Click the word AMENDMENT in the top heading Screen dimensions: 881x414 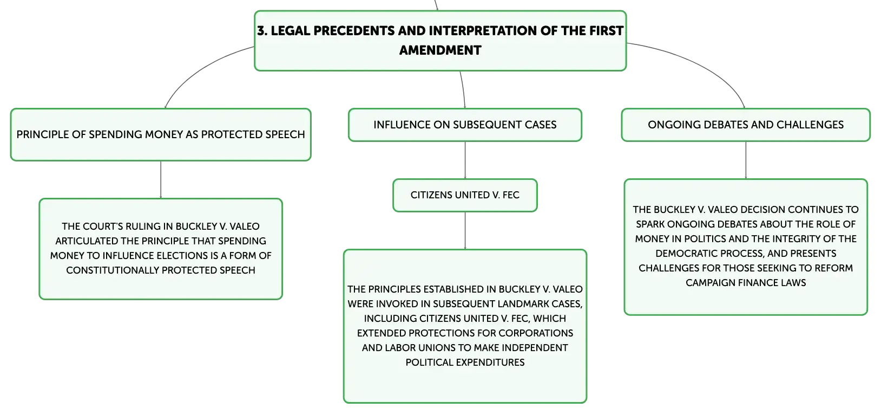440,50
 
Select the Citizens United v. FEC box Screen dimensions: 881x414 465,196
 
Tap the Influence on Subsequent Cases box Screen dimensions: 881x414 465,125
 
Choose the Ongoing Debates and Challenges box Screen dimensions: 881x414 746,125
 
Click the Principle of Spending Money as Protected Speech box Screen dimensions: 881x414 161,135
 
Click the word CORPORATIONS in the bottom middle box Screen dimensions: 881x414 536,333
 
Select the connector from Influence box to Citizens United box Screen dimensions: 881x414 465,160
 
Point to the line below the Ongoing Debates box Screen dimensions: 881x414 746,160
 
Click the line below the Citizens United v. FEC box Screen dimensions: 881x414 465,230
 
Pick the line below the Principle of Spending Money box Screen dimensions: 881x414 161,179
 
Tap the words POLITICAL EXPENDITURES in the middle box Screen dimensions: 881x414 465,363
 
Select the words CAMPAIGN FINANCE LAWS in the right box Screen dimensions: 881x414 746,283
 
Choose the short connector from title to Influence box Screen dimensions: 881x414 463,89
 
